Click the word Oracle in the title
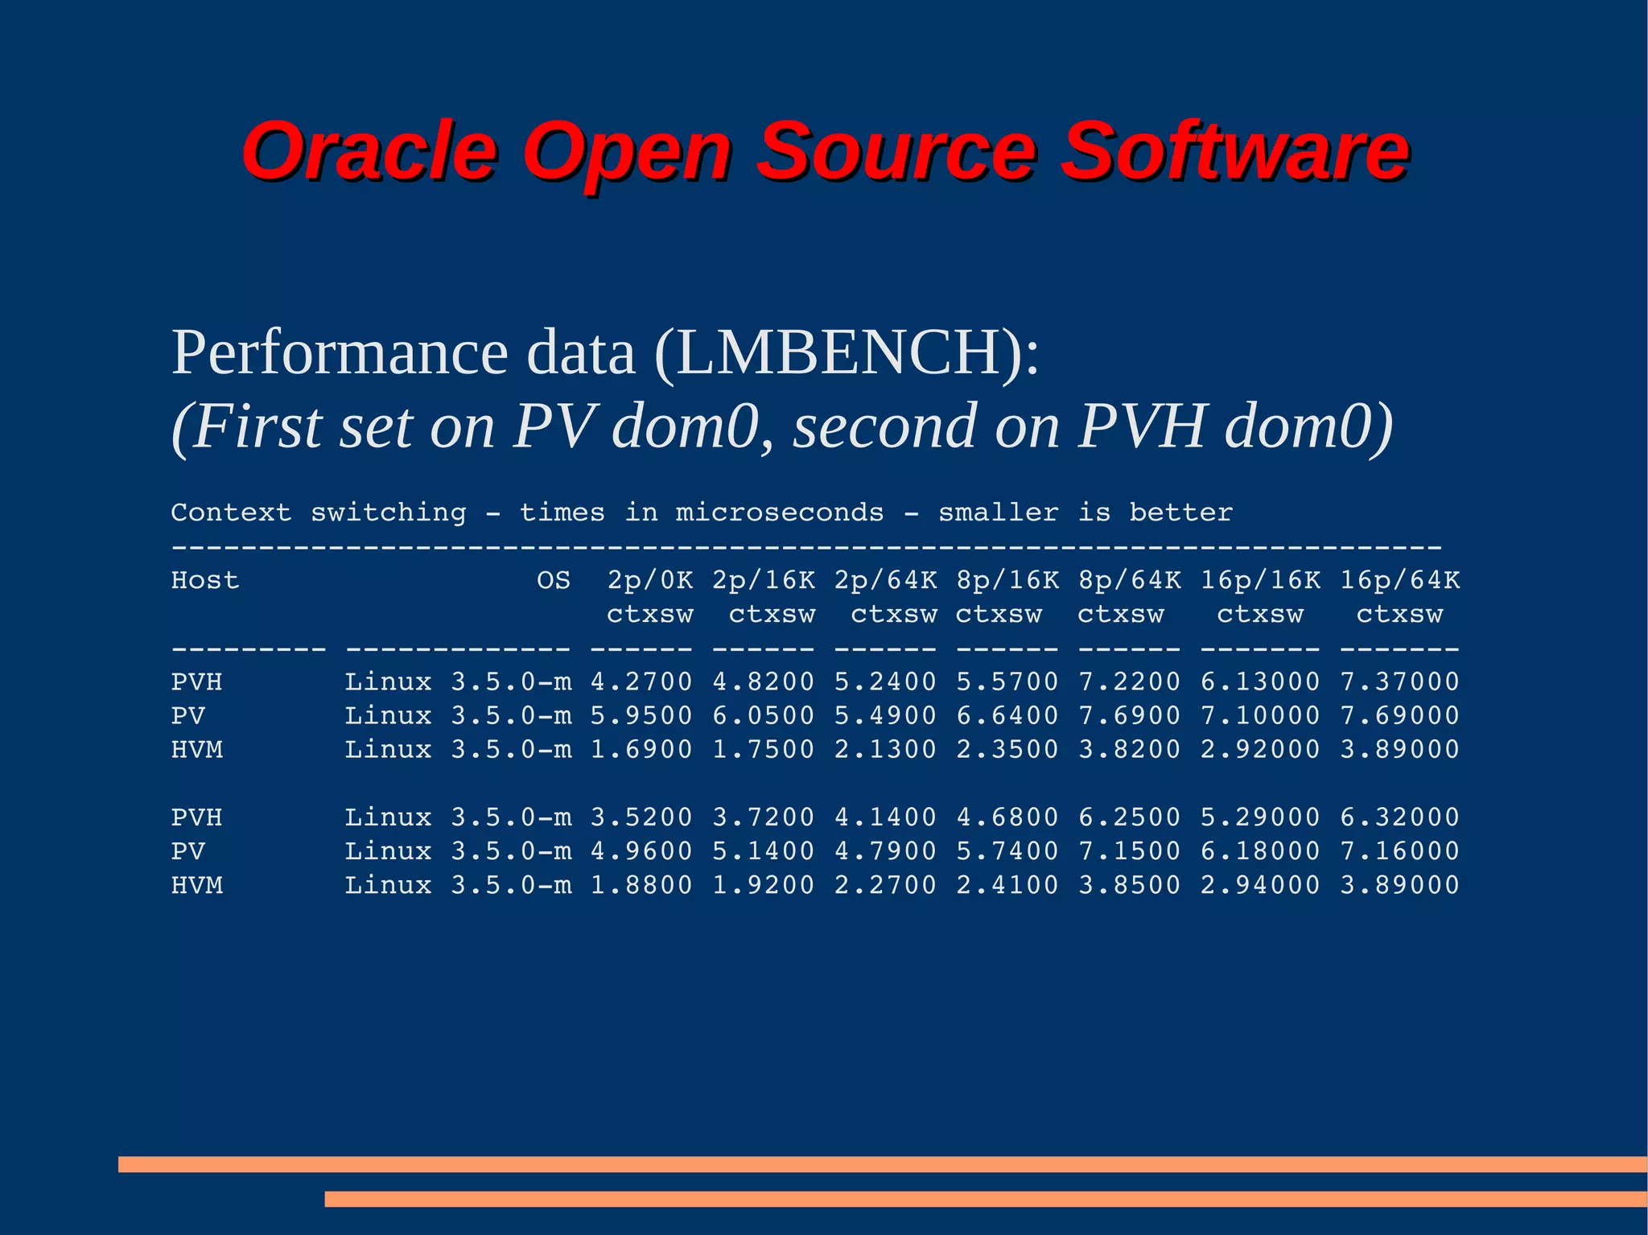pos(369,150)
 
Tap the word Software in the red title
pos(1234,150)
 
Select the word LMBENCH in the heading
pos(838,353)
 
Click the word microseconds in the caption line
pos(779,513)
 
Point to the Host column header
pos(204,580)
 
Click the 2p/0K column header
pos(649,580)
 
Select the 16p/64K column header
pos(1399,580)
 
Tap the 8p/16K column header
pos(1007,580)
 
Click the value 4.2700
pos(641,681)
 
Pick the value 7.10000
pos(1260,715)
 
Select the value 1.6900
pos(641,749)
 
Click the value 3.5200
pos(641,817)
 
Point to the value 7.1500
pos(1130,851)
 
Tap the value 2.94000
pos(1260,885)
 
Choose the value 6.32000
pos(1399,817)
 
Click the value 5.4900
pos(885,715)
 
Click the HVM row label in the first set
pos(196,749)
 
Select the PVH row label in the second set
pos(196,817)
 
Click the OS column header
pos(554,580)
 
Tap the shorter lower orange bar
pos(986,1199)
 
